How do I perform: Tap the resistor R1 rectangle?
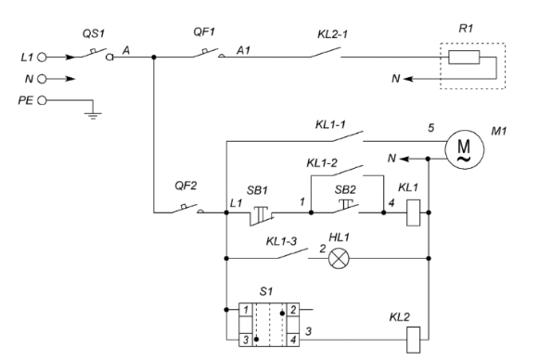[464, 58]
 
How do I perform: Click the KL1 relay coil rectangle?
[413, 212]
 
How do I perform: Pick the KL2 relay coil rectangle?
[413, 340]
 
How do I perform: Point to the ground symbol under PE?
[93, 113]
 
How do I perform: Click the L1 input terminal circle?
[42, 58]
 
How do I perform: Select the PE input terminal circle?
[42, 100]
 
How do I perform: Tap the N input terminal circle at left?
[42, 79]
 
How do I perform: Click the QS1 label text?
[94, 33]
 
